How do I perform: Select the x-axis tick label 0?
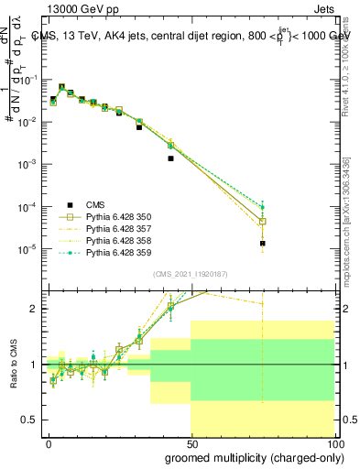tap(49, 443)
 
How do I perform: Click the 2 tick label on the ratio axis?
tap(35, 309)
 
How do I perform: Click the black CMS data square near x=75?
tap(262, 244)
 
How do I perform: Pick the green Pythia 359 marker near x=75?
tap(262, 207)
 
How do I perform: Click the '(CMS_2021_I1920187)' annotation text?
tap(191, 274)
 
